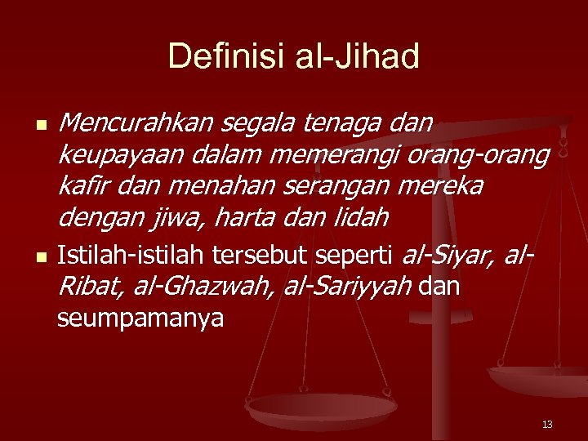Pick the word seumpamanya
(140, 318)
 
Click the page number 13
(546, 424)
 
